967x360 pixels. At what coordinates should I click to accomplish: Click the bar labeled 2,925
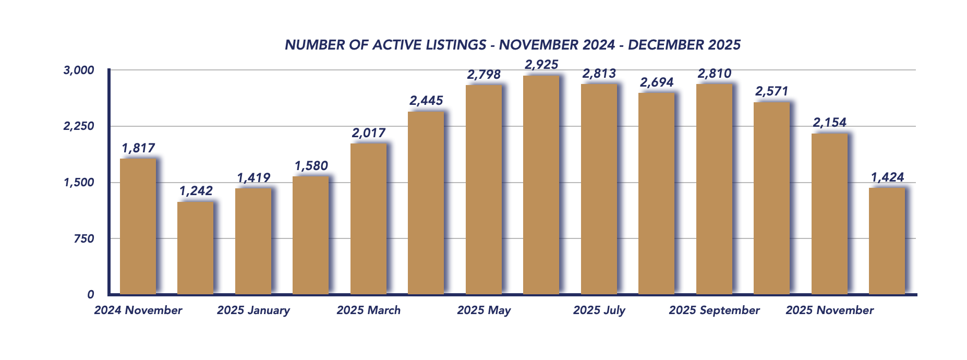[541, 185]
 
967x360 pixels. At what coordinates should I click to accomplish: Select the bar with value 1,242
[195, 248]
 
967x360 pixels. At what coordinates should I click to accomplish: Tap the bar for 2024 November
[138, 226]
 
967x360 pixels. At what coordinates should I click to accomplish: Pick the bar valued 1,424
[887, 241]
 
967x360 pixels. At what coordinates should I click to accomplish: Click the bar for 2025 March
[368, 219]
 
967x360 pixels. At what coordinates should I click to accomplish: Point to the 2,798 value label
[484, 75]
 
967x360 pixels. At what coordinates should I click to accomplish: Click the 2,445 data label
[426, 101]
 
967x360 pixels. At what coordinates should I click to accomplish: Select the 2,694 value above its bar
[657, 82]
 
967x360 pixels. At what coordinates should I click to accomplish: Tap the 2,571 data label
[771, 91]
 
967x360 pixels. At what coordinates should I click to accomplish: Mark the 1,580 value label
[311, 166]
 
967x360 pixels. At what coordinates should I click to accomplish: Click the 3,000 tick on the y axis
[79, 70]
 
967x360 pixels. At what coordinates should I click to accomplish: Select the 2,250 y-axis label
[79, 126]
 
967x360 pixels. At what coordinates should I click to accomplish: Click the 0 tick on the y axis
[91, 295]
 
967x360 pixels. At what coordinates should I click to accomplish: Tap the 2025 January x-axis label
[253, 310]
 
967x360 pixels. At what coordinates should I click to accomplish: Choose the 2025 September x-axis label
[714, 310]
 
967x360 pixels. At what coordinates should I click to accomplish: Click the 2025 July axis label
[599, 310]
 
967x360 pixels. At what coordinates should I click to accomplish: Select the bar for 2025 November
[829, 214]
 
